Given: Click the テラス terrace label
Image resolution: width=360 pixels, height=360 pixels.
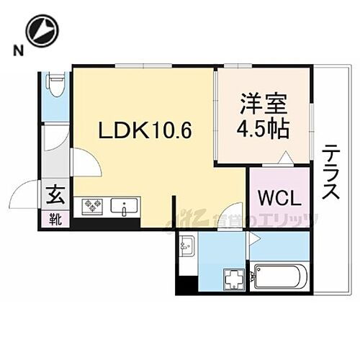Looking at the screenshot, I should (332, 172).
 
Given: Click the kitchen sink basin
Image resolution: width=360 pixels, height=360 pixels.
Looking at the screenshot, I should (127, 210).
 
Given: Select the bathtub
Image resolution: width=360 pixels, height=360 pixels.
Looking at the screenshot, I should (281, 276).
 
